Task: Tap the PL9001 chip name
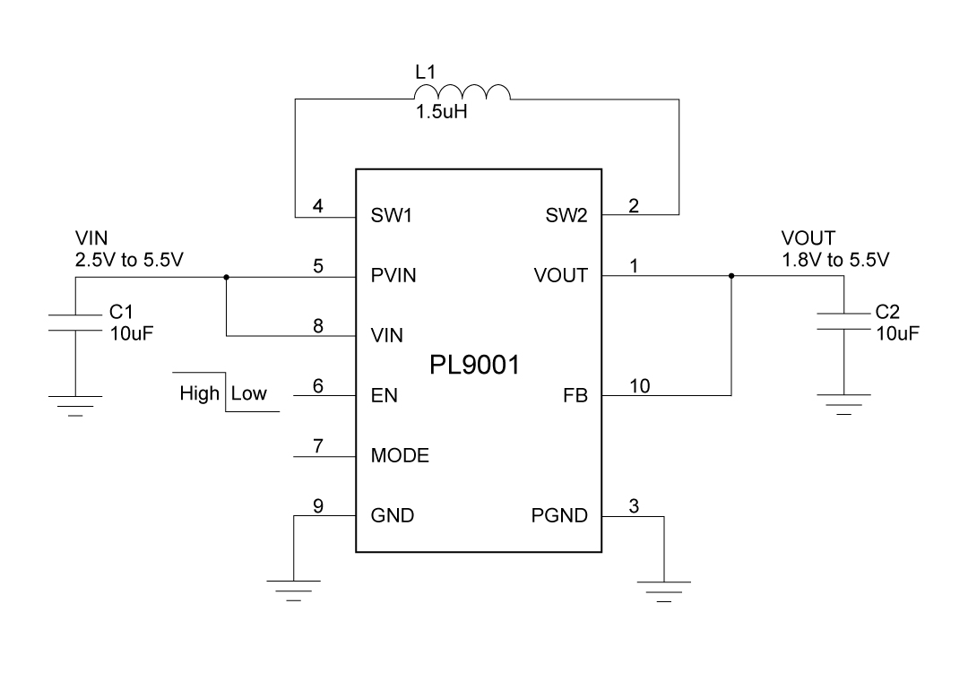[x=475, y=365]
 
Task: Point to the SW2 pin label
[x=566, y=217]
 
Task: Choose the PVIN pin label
[x=393, y=276]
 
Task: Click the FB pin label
[x=575, y=395]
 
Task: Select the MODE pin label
[x=400, y=456]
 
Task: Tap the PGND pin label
[x=560, y=515]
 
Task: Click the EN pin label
[x=384, y=395]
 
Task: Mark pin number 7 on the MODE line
[x=318, y=445]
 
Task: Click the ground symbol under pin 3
[x=663, y=590]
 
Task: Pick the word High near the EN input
[x=199, y=393]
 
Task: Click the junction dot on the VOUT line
[x=731, y=276]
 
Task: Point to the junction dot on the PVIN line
[x=227, y=277]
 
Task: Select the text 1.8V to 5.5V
[x=835, y=260]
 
